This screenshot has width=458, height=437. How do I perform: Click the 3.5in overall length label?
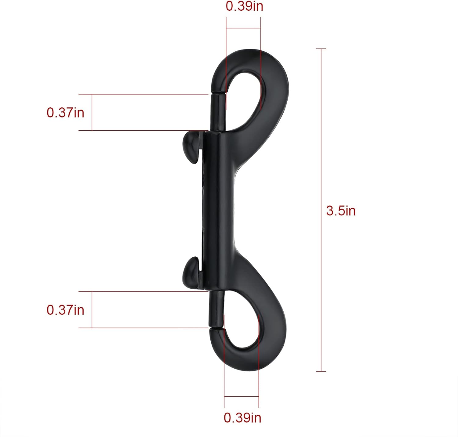pos(341,211)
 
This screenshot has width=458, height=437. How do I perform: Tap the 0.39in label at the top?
pos(244,6)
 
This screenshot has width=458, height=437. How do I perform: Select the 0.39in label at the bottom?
pos(242,417)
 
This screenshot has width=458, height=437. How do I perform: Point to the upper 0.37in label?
pos(65,113)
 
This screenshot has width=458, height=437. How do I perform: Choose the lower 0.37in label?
pos(65,310)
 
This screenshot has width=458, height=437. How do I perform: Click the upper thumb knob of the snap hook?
pos(192,146)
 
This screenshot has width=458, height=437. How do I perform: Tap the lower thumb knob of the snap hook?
pos(192,273)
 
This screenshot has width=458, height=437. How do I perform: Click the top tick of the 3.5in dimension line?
pos(321,49)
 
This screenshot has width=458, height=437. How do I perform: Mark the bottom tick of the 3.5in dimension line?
pos(321,371)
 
